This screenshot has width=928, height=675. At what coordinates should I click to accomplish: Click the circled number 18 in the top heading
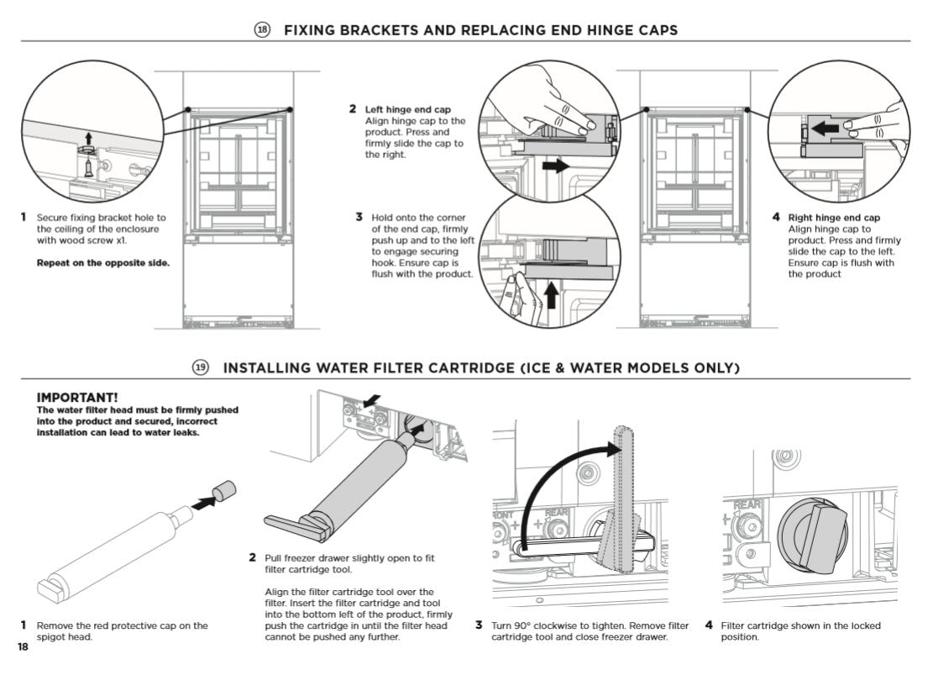[x=262, y=29]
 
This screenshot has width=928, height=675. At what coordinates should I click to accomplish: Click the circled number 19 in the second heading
[x=202, y=367]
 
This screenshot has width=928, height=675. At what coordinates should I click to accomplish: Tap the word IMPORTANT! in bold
[x=77, y=397]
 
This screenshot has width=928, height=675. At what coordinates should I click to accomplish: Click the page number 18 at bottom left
[x=23, y=646]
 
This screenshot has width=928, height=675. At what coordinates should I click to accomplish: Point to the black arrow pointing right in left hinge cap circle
[x=556, y=166]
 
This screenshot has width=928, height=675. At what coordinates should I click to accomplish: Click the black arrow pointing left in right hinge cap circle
[x=825, y=129]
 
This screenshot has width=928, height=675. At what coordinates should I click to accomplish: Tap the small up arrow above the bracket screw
[x=89, y=138]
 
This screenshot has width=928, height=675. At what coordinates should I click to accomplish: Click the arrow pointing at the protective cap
[x=203, y=504]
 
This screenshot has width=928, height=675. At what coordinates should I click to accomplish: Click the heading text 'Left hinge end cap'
[x=408, y=109]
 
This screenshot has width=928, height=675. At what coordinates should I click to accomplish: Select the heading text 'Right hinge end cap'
[x=834, y=218]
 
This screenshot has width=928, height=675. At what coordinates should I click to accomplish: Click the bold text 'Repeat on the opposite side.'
[x=103, y=262]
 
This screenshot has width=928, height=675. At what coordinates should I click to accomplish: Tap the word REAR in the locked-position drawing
[x=747, y=504]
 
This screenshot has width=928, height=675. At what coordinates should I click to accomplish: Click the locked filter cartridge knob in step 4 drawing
[x=813, y=535]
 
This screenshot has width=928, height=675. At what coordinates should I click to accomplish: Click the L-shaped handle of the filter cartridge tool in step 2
[x=296, y=526]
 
